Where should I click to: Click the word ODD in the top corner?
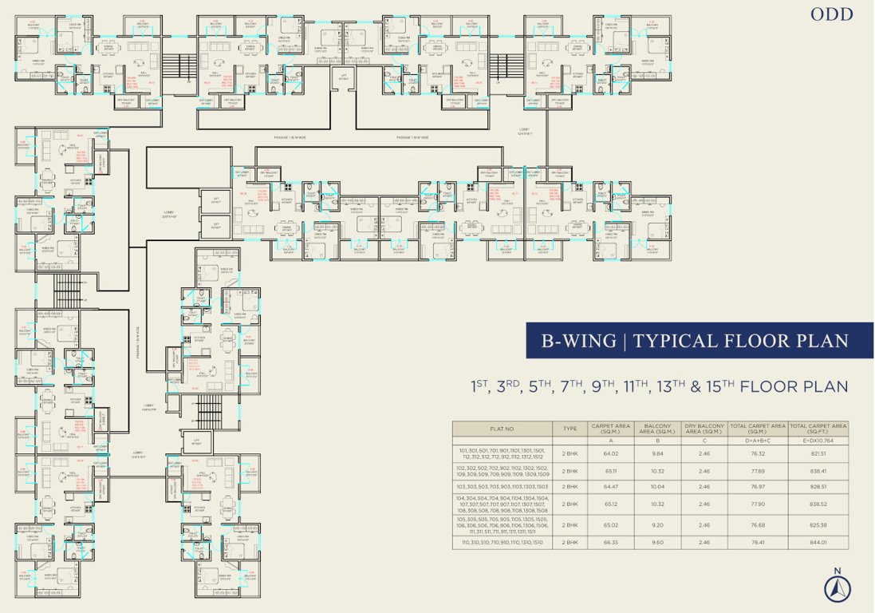pos(832,14)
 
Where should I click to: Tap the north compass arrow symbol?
pos(838,587)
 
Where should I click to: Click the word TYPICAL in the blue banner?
pos(685,341)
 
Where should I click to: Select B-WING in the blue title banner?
pos(579,341)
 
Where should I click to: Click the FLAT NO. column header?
pos(502,429)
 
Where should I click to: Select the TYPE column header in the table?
pos(570,429)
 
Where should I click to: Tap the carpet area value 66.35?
pos(610,542)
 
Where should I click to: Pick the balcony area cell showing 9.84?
pos(657,453)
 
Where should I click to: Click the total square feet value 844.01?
pos(818,542)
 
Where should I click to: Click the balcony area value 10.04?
pos(657,486)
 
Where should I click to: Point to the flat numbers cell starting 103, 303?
pos(502,486)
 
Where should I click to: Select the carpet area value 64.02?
pos(610,453)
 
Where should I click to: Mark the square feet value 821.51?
pos(818,453)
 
